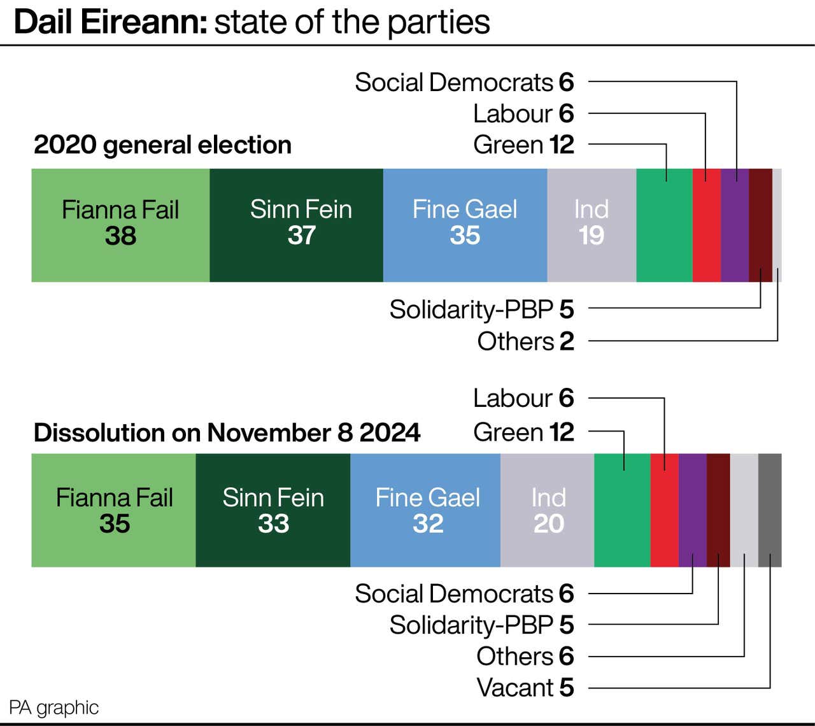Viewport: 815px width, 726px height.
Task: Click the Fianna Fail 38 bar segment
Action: pyautogui.click(x=120, y=225)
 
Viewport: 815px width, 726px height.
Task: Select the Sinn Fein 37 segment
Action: pyautogui.click(x=296, y=225)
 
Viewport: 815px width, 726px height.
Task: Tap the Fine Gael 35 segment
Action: pyautogui.click(x=465, y=225)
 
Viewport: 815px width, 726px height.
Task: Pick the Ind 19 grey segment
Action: pyautogui.click(x=592, y=225)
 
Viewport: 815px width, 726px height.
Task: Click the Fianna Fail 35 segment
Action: pyautogui.click(x=113, y=510)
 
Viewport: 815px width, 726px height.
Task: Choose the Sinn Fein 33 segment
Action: pyautogui.click(x=273, y=510)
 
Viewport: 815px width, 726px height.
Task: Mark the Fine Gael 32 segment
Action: pyautogui.click(x=425, y=510)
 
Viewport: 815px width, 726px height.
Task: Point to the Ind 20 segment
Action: pyautogui.click(x=547, y=510)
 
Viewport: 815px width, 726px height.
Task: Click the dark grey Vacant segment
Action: pyautogui.click(x=770, y=510)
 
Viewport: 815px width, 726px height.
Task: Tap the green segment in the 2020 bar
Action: pyautogui.click(x=664, y=225)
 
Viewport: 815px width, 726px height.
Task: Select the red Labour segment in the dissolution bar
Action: pyautogui.click(x=664, y=510)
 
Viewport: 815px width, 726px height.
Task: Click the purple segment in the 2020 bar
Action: pyautogui.click(x=735, y=225)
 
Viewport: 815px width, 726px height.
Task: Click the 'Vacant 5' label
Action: pyautogui.click(x=525, y=688)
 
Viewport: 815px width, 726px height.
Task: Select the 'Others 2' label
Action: pyautogui.click(x=525, y=341)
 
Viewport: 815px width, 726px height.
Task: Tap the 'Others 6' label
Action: pyautogui.click(x=525, y=656)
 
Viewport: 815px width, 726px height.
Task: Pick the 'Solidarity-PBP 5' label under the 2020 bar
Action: pyautogui.click(x=481, y=310)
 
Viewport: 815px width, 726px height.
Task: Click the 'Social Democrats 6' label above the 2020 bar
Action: pyautogui.click(x=464, y=82)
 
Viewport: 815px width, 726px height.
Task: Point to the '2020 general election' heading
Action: pyautogui.click(x=162, y=145)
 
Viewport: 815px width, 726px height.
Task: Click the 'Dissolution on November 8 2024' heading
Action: pyautogui.click(x=227, y=433)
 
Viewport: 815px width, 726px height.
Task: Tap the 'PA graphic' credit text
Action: pyautogui.click(x=54, y=708)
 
